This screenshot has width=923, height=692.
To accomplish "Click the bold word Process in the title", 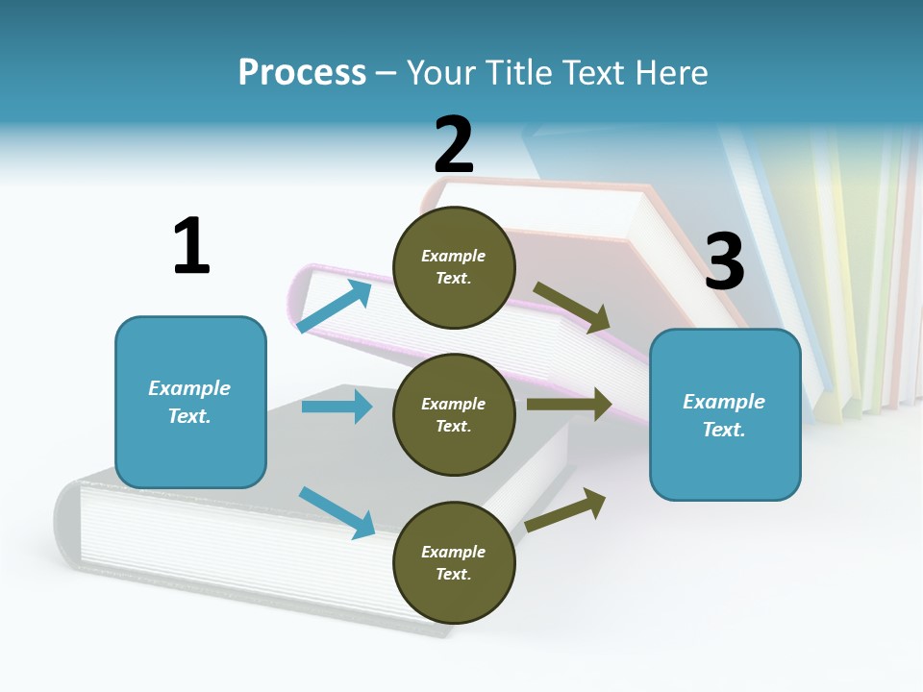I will [302, 73].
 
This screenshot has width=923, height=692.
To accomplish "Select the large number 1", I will [190, 246].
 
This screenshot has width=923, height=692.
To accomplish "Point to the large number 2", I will [454, 145].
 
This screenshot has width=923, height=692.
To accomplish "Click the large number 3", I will [724, 261].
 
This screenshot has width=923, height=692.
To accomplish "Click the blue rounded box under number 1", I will [190, 402].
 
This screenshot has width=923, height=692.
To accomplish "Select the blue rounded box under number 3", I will [725, 414].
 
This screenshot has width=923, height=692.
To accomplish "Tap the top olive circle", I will [454, 267].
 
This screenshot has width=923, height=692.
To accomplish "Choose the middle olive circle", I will [454, 414].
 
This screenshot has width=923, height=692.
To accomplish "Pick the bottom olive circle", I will [454, 562].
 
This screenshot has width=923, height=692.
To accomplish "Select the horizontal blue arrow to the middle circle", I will [337, 407].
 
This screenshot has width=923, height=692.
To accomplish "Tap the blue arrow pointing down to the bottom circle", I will [337, 512].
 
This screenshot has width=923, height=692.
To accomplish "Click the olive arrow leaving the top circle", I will [573, 308].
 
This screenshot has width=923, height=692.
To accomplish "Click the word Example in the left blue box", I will [189, 388].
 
